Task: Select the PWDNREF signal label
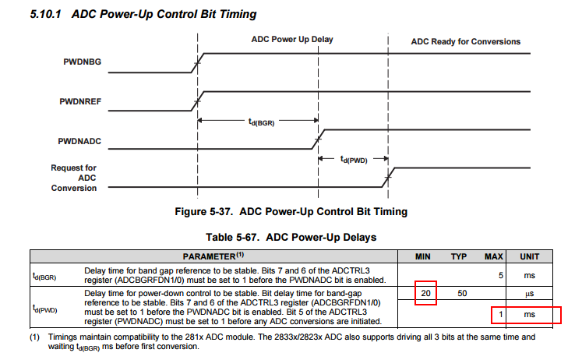(x=81, y=101)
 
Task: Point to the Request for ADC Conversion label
(x=74, y=178)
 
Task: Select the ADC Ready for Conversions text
(x=465, y=41)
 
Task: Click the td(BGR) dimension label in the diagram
(x=261, y=122)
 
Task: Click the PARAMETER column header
(x=213, y=256)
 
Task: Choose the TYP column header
(x=458, y=256)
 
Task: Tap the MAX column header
(x=493, y=256)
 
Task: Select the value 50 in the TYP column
(x=461, y=293)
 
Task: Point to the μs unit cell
(x=530, y=293)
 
